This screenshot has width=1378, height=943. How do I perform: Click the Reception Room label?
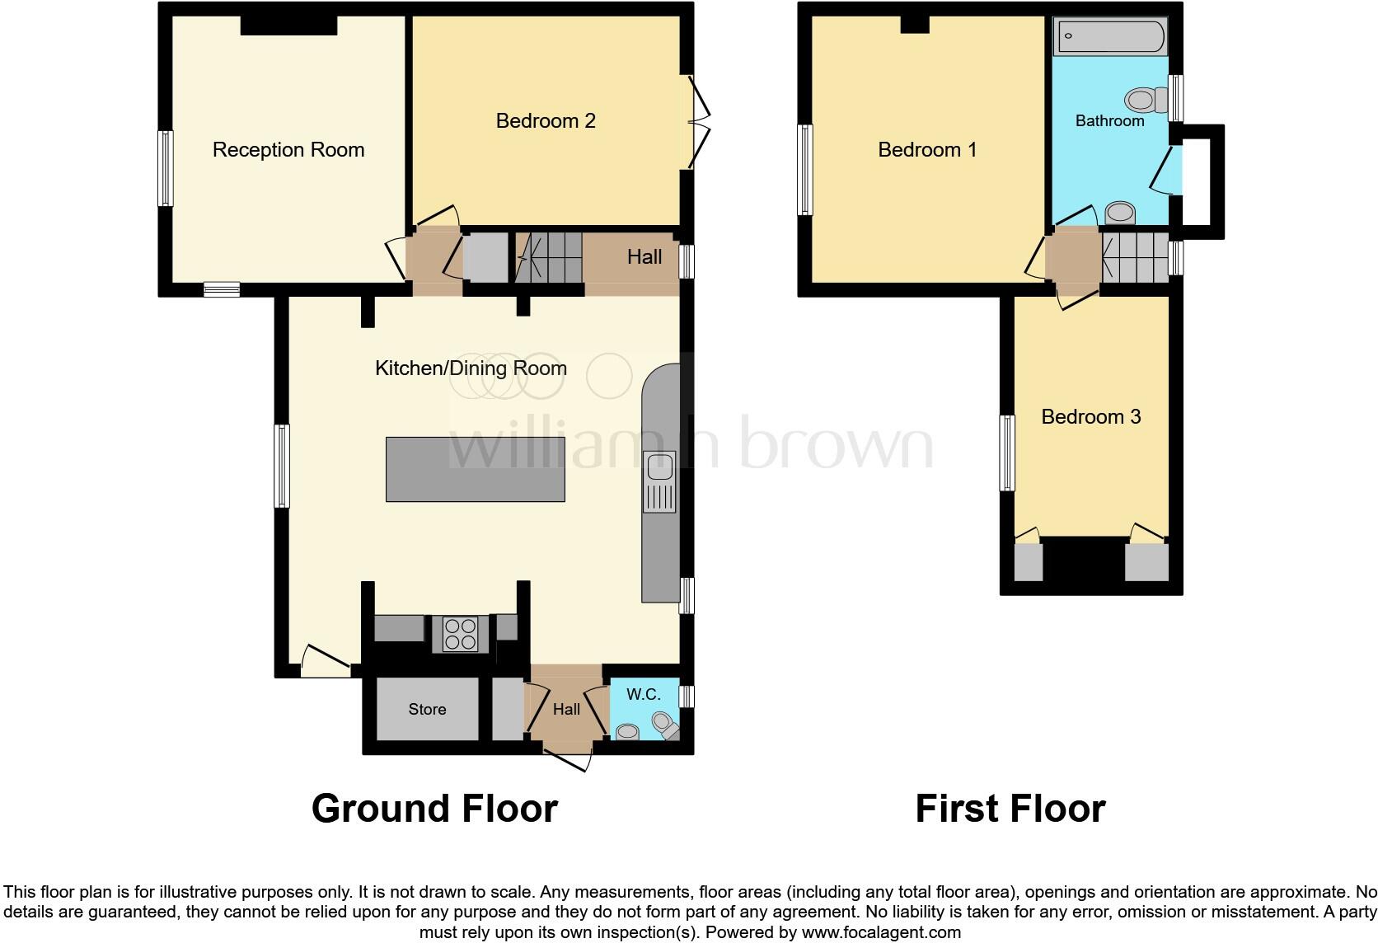click(288, 150)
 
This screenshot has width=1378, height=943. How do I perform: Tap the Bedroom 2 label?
click(545, 121)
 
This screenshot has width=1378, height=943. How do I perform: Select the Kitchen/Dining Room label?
click(471, 368)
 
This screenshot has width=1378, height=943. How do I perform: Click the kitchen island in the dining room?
click(475, 469)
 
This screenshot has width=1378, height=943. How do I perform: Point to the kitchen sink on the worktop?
click(659, 467)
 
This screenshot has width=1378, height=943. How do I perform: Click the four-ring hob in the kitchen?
click(460, 634)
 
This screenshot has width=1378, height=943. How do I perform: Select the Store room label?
click(427, 709)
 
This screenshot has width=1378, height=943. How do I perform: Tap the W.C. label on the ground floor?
click(643, 694)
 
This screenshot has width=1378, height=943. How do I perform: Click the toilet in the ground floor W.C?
click(664, 725)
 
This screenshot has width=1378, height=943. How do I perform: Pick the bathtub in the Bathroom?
click(1110, 37)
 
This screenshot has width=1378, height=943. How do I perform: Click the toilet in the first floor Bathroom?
click(1146, 101)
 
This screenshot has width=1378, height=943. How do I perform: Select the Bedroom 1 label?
click(927, 150)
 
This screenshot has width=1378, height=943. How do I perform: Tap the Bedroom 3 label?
click(1090, 417)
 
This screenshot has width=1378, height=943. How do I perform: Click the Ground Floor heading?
click(434, 809)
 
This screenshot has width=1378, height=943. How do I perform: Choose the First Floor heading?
click(1010, 809)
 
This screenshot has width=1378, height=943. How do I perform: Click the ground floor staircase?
click(549, 257)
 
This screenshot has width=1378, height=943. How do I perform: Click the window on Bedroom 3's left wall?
click(1006, 453)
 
